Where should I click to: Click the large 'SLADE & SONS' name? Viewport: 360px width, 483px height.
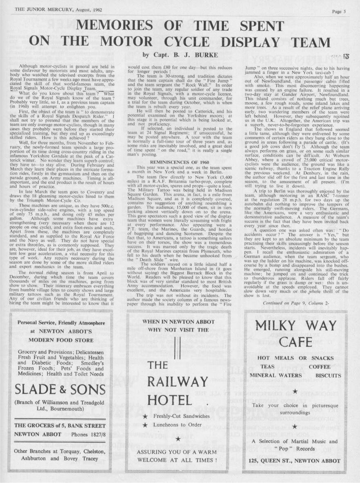click(60, 390)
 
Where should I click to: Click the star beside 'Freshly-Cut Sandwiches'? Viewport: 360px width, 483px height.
click(145, 417)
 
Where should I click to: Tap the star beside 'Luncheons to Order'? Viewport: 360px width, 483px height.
click(145, 425)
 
